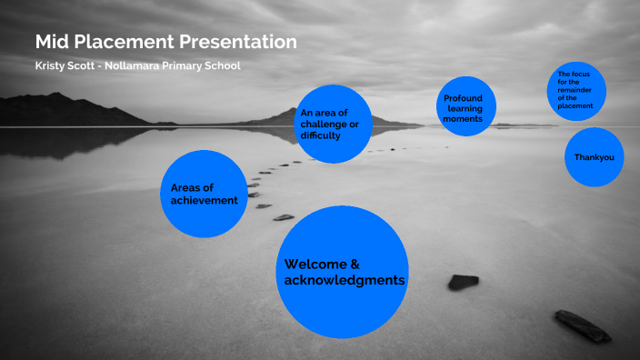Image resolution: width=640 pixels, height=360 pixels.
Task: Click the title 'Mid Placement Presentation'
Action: click(165, 42)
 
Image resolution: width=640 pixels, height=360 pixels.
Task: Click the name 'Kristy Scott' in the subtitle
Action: click(65, 66)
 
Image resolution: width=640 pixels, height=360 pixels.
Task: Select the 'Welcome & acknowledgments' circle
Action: click(342, 272)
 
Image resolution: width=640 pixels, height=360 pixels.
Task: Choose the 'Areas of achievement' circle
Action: click(204, 194)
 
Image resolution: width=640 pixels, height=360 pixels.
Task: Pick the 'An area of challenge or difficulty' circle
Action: click(335, 124)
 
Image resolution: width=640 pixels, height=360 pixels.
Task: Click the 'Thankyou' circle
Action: click(595, 157)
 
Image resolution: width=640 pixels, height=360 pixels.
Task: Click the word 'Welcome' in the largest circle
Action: click(315, 265)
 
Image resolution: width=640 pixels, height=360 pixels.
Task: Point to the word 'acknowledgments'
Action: click(345, 280)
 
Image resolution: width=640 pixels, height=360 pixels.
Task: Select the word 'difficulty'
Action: click(320, 135)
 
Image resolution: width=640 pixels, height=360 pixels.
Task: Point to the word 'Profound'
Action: click(463, 98)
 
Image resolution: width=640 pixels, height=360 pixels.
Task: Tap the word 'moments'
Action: click(464, 119)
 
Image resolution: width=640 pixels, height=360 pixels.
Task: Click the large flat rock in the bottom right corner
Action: click(582, 325)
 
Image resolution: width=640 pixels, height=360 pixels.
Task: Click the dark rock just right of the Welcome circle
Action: click(463, 282)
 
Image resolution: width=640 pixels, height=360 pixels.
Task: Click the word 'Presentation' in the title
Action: click(241, 42)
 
